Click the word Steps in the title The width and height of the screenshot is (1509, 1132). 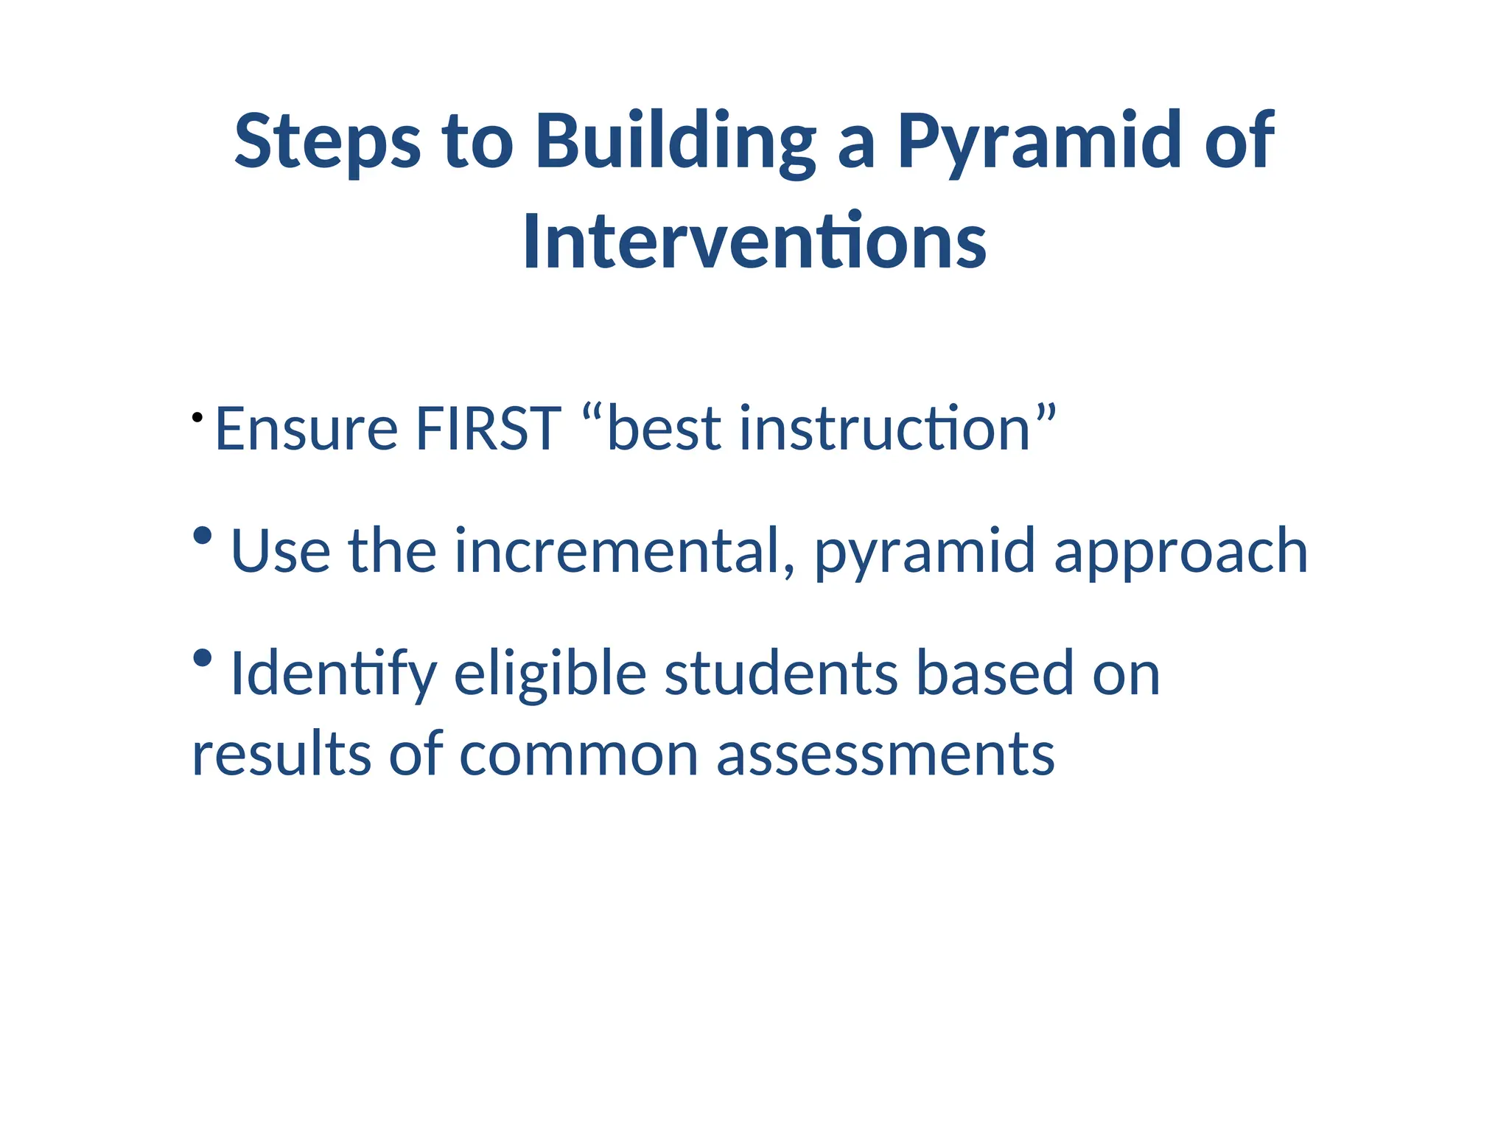327,142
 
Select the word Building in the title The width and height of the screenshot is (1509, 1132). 675,142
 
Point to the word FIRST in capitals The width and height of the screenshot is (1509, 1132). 489,429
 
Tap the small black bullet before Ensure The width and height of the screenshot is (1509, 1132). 197,418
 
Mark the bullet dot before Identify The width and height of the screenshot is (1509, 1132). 202,657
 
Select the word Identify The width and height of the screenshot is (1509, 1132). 334,674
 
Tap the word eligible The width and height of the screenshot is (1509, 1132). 550,674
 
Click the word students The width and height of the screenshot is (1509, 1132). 780,674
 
